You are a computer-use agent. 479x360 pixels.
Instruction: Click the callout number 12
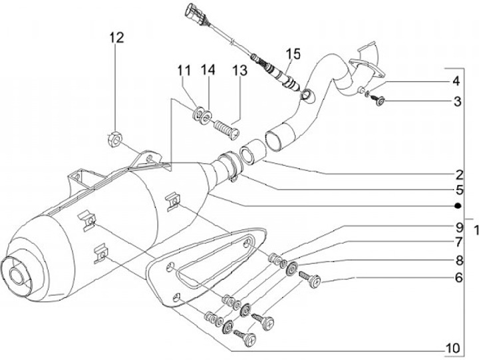pyautogui.click(x=117, y=37)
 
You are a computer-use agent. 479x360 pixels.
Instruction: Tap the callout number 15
pyautogui.click(x=293, y=53)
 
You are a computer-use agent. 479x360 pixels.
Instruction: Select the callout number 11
pyautogui.click(x=184, y=71)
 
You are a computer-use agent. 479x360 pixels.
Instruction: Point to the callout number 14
pyautogui.click(x=208, y=70)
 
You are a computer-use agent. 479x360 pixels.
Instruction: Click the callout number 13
pyautogui.click(x=239, y=71)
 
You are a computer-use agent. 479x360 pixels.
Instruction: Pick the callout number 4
pyautogui.click(x=456, y=81)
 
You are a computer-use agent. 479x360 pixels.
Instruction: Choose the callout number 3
pyautogui.click(x=457, y=101)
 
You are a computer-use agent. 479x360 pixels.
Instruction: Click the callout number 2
pyautogui.click(x=459, y=175)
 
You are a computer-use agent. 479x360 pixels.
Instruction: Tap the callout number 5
pyautogui.click(x=460, y=190)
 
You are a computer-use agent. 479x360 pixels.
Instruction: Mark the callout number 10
pyautogui.click(x=453, y=348)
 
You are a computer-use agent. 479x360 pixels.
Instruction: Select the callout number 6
pyautogui.click(x=459, y=277)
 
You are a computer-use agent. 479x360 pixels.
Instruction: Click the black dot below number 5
pyautogui.click(x=457, y=206)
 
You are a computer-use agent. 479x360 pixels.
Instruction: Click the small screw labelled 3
pyautogui.click(x=377, y=100)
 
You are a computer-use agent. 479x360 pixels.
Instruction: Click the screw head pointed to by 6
pyautogui.click(x=315, y=281)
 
